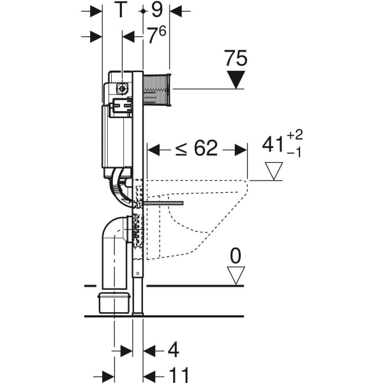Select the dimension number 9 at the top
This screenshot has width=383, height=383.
point(156,11)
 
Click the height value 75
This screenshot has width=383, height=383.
point(236,59)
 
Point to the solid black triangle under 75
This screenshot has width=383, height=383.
point(236,80)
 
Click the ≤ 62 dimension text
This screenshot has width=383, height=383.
point(196,149)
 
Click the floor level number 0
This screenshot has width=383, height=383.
point(236,257)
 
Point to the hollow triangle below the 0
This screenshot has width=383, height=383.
point(236,276)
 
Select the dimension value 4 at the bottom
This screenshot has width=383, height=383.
point(172,350)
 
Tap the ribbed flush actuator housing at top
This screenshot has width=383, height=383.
point(156,89)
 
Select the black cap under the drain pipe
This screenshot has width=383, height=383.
point(115,303)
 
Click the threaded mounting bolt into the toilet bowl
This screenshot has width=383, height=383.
point(163,203)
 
